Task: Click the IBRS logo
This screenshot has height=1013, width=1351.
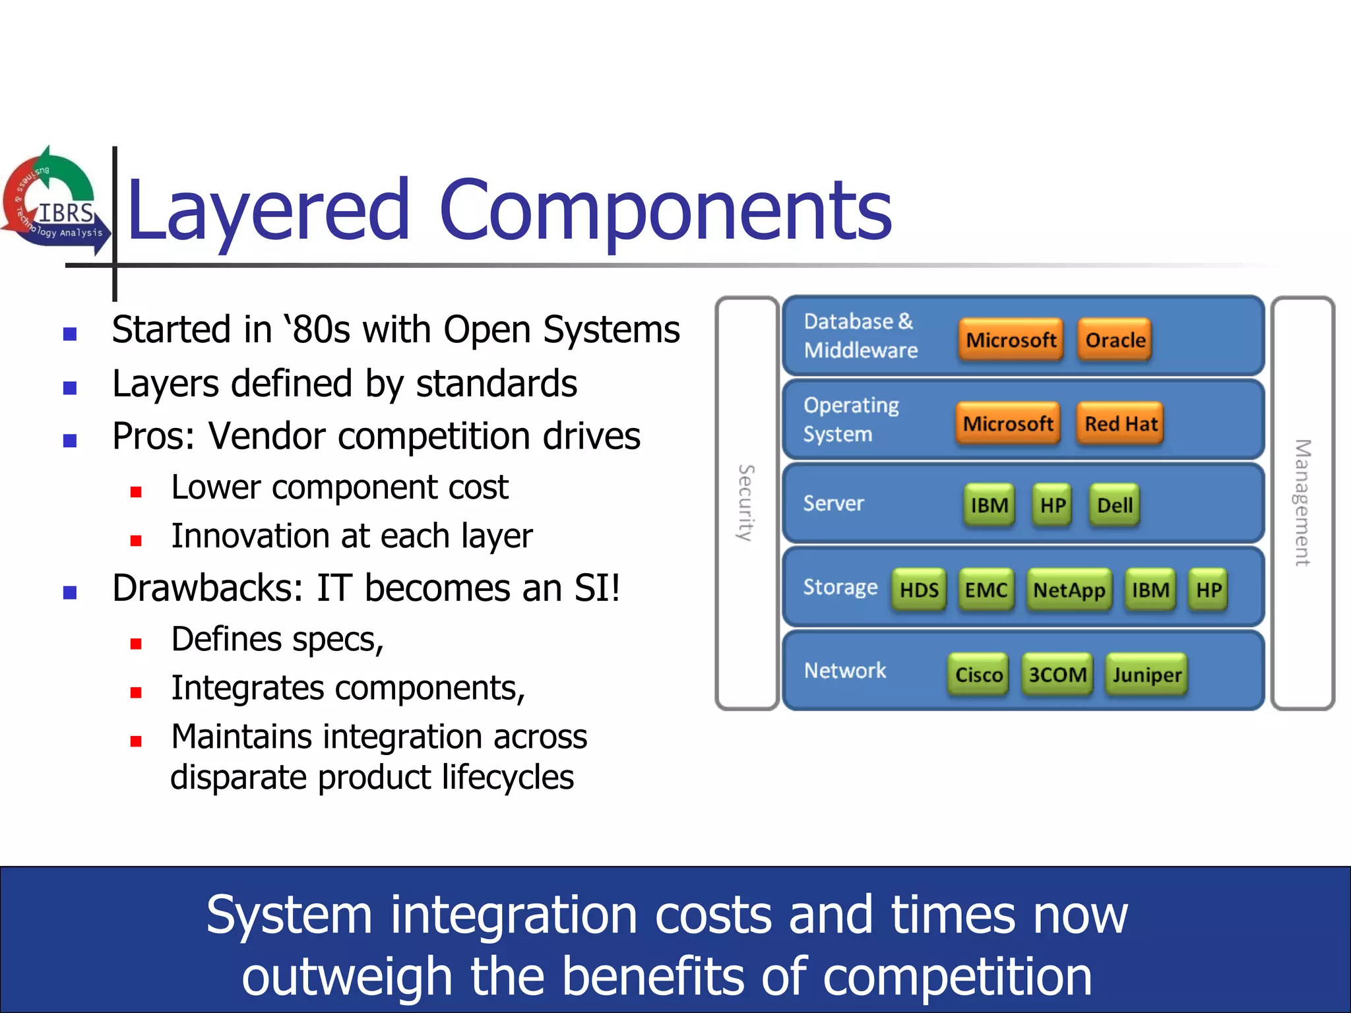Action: tap(56, 201)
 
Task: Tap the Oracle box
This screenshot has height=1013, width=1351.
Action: tap(1115, 340)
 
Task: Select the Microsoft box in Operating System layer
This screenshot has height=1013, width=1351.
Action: tap(1007, 423)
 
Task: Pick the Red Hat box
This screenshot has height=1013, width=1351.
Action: tap(1120, 423)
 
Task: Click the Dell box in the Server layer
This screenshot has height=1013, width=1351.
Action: tap(1114, 506)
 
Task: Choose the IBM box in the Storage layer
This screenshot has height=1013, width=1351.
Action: tap(1150, 590)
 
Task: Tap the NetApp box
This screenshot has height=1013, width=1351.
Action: tap(1069, 590)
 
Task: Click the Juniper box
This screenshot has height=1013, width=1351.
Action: tap(1147, 674)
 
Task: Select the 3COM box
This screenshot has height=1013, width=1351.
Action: tap(1057, 674)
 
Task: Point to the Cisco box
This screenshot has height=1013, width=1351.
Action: tap(978, 674)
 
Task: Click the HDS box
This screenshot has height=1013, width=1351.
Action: tap(919, 590)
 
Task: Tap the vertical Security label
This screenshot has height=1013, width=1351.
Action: tap(746, 503)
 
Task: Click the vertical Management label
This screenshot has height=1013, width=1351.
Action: tap(1302, 503)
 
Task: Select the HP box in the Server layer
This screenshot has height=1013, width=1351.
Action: tap(1052, 506)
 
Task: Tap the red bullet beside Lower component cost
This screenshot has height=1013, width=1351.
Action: tap(136, 492)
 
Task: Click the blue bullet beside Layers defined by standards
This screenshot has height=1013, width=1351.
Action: tap(70, 388)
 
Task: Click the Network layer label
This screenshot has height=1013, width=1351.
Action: tap(844, 671)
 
